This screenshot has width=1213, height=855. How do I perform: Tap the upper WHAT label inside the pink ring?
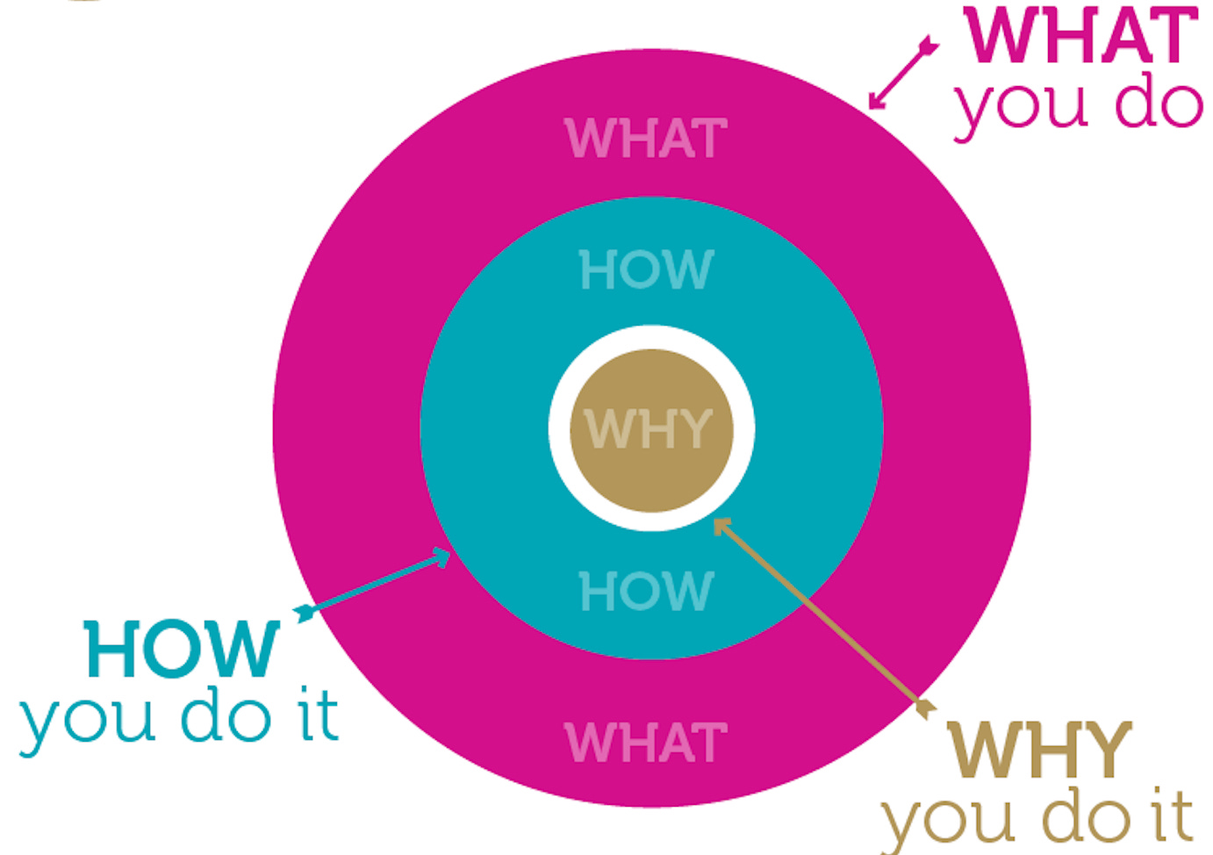coord(646,139)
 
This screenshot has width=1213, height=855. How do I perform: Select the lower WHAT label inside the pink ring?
coord(646,743)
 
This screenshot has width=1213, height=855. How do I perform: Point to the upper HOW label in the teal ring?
coord(646,269)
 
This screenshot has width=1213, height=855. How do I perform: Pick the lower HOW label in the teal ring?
coord(646,590)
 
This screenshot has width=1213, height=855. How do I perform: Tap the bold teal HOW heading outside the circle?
coord(183,650)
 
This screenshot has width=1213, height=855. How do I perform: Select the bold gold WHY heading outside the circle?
coord(1039,750)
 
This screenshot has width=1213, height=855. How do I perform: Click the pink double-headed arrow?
coord(903,73)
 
